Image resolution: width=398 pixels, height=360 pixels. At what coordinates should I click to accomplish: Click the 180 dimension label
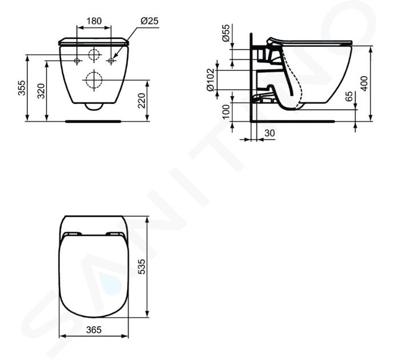coord(94,21)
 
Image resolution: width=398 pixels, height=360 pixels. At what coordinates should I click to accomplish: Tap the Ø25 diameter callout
coord(149,21)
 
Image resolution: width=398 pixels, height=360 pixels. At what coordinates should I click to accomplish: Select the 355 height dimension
coord(22,88)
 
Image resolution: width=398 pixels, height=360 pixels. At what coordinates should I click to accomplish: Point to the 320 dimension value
coord(41,91)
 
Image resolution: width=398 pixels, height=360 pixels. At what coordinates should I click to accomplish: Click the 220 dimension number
coord(142,101)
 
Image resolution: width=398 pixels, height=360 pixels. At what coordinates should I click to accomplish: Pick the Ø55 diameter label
coord(226,33)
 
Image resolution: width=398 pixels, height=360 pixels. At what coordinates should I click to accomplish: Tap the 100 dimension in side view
coord(226,112)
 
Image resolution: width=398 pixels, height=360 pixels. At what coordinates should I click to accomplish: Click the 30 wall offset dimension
coord(270,133)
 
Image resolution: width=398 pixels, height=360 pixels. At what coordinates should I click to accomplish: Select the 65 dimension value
coord(349,97)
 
